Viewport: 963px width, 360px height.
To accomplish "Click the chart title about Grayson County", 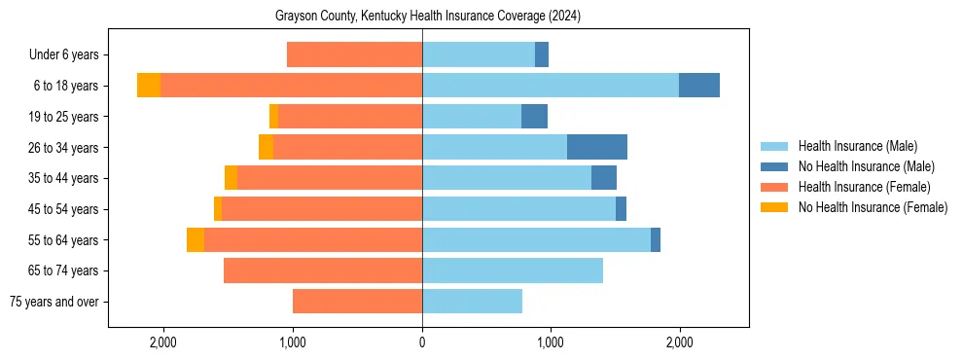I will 421,17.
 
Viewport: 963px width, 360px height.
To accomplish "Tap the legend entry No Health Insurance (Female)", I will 873,207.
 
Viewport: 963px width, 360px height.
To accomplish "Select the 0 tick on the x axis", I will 422,342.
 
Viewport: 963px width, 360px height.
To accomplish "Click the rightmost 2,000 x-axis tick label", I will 679,342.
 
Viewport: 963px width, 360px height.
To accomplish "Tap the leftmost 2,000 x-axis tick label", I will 162,342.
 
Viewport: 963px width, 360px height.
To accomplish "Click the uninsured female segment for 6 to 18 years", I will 149,86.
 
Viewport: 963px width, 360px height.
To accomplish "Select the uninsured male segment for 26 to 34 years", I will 597,147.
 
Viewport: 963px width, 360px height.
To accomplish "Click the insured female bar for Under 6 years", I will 354,54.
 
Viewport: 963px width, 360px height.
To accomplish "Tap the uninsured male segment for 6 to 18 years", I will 699,86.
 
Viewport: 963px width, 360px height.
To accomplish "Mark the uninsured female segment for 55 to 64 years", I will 196,240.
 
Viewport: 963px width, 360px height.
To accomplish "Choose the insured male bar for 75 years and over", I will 472,302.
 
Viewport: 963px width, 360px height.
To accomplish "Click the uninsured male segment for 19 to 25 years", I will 534,117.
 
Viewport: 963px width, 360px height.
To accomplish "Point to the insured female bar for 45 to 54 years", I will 322,209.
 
